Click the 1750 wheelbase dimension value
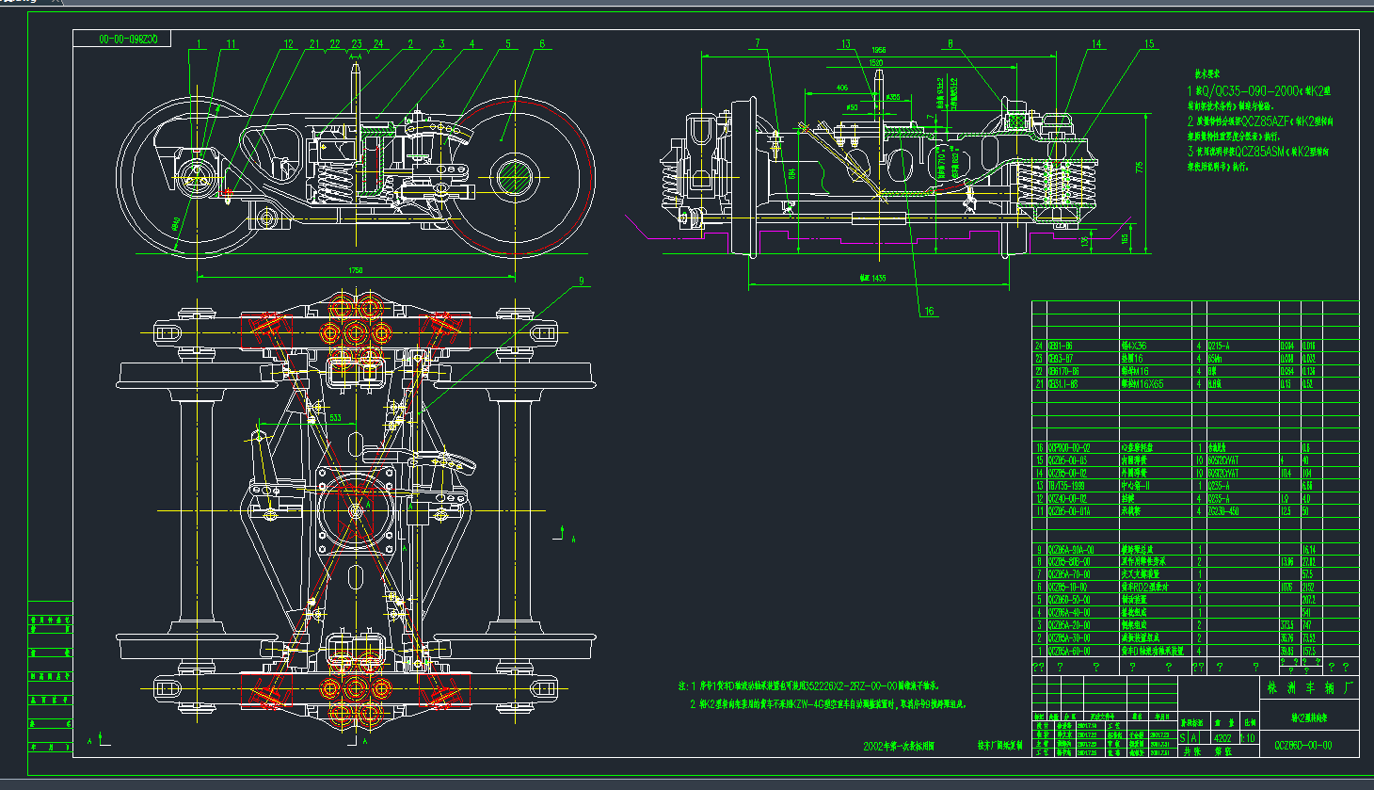click(356, 270)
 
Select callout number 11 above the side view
click(231, 44)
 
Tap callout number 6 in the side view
click(542, 44)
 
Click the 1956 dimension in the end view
click(878, 50)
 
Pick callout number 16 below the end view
click(929, 312)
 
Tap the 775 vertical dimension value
click(1140, 168)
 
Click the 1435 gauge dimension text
click(872, 279)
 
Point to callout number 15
click(1149, 44)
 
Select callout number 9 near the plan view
click(581, 281)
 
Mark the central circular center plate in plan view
click(355, 509)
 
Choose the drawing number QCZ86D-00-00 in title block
click(1303, 745)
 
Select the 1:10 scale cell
click(1249, 738)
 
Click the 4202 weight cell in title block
click(1223, 738)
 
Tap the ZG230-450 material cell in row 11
click(1224, 511)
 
